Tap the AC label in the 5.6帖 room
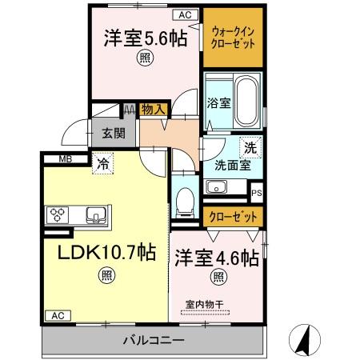click(184, 15)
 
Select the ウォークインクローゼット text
click(232, 37)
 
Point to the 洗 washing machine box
click(250, 147)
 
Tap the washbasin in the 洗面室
click(215, 187)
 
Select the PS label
click(257, 193)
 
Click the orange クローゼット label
click(234, 217)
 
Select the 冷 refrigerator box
click(103, 165)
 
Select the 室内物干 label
click(204, 303)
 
